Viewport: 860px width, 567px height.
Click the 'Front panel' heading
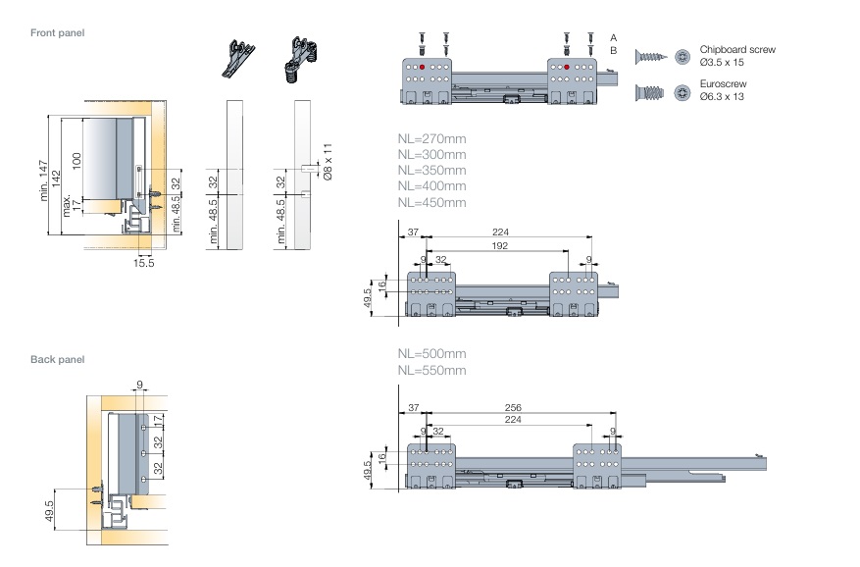click(57, 33)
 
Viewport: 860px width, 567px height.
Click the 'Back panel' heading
click(57, 360)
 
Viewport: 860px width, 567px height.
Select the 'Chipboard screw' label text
click(737, 48)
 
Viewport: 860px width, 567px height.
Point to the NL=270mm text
click(431, 139)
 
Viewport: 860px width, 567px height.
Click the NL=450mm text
click(431, 202)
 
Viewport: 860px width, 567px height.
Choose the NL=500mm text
click(431, 354)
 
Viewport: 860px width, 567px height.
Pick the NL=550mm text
click(431, 370)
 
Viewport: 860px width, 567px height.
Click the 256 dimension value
click(512, 407)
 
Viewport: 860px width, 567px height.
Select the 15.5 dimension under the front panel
click(144, 263)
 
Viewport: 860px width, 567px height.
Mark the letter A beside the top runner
click(613, 35)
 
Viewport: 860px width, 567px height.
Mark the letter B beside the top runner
click(613, 49)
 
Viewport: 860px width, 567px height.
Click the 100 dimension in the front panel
click(76, 160)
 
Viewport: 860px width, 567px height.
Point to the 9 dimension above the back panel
click(140, 384)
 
